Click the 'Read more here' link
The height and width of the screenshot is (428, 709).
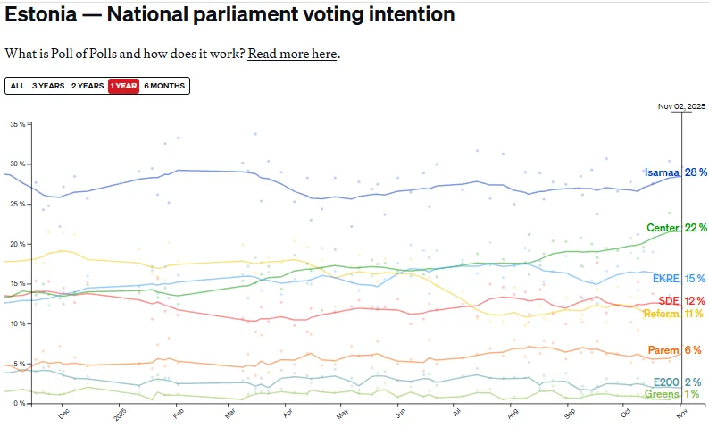click(292, 54)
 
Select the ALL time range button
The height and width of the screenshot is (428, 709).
click(17, 86)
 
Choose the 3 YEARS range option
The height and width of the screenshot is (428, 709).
click(48, 86)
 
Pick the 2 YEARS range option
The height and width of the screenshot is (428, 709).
click(88, 86)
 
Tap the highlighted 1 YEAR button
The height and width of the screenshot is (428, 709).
click(123, 86)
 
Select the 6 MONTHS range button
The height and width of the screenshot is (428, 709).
click(164, 86)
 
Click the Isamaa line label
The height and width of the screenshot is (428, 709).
click(662, 172)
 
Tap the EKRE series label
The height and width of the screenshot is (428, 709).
click(666, 278)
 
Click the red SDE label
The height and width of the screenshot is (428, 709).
click(669, 300)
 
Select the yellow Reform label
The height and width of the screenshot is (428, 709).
click(662, 314)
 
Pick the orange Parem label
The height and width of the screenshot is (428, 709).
click(664, 350)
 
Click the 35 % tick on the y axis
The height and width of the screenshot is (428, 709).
click(17, 124)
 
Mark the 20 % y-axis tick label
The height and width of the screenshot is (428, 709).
click(17, 244)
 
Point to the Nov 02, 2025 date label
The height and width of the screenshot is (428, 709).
click(681, 106)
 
